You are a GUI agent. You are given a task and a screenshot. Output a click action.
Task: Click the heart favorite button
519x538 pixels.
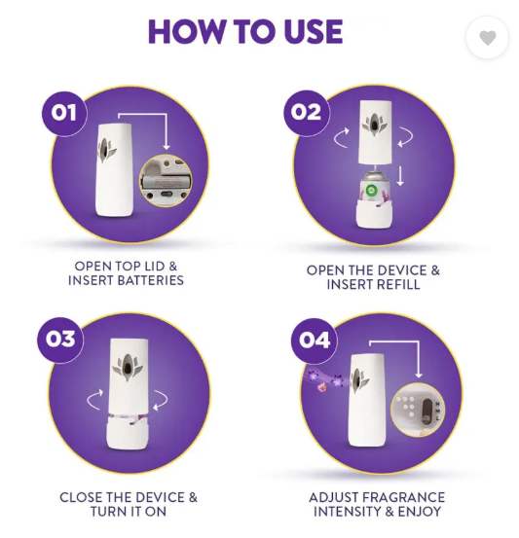(x=487, y=37)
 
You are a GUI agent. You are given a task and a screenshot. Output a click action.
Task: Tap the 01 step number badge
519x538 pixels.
(x=64, y=114)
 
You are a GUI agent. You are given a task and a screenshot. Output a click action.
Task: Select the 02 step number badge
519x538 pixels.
(x=307, y=112)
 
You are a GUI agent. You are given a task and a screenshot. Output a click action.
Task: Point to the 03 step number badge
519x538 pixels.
(x=60, y=340)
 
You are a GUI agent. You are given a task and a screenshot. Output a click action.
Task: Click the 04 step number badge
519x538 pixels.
(x=314, y=341)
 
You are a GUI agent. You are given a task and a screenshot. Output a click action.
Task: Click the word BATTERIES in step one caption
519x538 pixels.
(x=151, y=280)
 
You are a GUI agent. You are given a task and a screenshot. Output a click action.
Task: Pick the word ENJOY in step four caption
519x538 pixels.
(x=419, y=512)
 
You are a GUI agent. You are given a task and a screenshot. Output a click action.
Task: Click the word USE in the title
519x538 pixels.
(x=313, y=31)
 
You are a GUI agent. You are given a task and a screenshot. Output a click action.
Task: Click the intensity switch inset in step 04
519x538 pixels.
(x=418, y=410)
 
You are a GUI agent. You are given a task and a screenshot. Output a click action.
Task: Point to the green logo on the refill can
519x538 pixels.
(x=371, y=191)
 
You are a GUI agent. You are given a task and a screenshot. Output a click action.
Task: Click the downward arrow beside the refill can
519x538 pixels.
(x=400, y=176)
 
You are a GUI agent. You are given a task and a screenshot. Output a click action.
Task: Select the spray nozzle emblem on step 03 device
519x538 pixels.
(x=128, y=367)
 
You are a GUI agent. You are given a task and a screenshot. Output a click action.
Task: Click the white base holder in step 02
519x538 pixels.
(x=374, y=214)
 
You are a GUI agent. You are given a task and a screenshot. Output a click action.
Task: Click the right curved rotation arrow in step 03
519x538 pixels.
(x=163, y=399)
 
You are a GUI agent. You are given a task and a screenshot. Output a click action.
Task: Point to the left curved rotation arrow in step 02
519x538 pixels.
(x=340, y=138)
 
